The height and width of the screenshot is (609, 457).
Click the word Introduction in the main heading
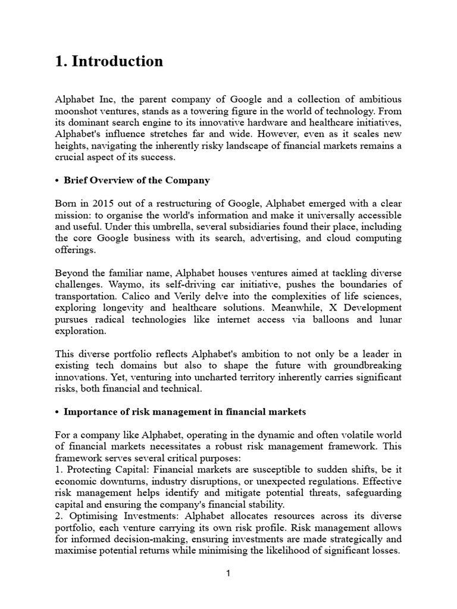(117, 61)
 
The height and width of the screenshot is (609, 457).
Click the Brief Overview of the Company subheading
(136, 180)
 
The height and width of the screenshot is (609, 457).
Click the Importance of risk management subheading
(184, 411)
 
